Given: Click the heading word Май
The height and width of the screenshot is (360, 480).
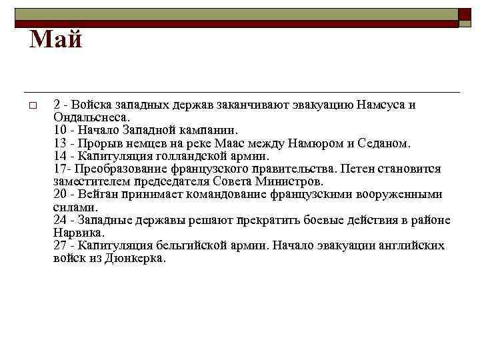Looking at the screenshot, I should click(x=56, y=41).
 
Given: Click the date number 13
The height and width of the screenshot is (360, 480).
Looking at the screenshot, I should click(x=59, y=143).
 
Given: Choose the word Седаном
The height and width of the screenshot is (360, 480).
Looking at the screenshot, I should click(x=385, y=143).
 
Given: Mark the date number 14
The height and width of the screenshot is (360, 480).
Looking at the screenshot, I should click(x=59, y=155).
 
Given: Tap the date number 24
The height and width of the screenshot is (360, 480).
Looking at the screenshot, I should click(x=59, y=220).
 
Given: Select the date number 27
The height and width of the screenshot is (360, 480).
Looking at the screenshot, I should click(x=59, y=245).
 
